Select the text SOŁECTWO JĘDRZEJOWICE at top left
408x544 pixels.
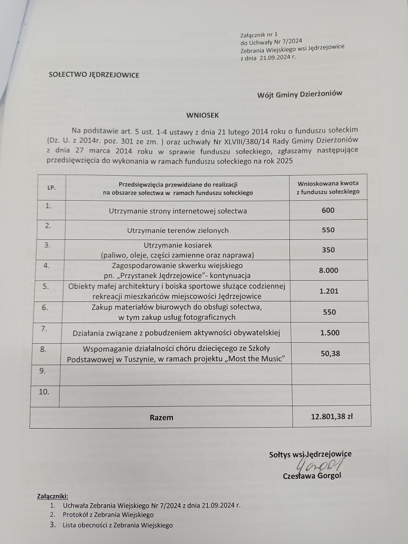click(x=94, y=75)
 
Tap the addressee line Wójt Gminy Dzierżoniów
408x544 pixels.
click(x=300, y=94)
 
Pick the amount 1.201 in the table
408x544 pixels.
click(x=329, y=291)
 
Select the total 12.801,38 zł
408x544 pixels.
click(x=332, y=417)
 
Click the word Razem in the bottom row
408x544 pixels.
click(x=162, y=417)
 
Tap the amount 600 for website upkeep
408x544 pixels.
click(x=329, y=211)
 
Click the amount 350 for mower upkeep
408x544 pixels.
click(x=329, y=250)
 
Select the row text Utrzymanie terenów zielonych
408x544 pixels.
click(x=178, y=231)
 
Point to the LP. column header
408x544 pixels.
click(x=52, y=188)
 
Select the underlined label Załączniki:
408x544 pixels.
click(x=52, y=497)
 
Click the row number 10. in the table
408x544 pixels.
click(x=44, y=392)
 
